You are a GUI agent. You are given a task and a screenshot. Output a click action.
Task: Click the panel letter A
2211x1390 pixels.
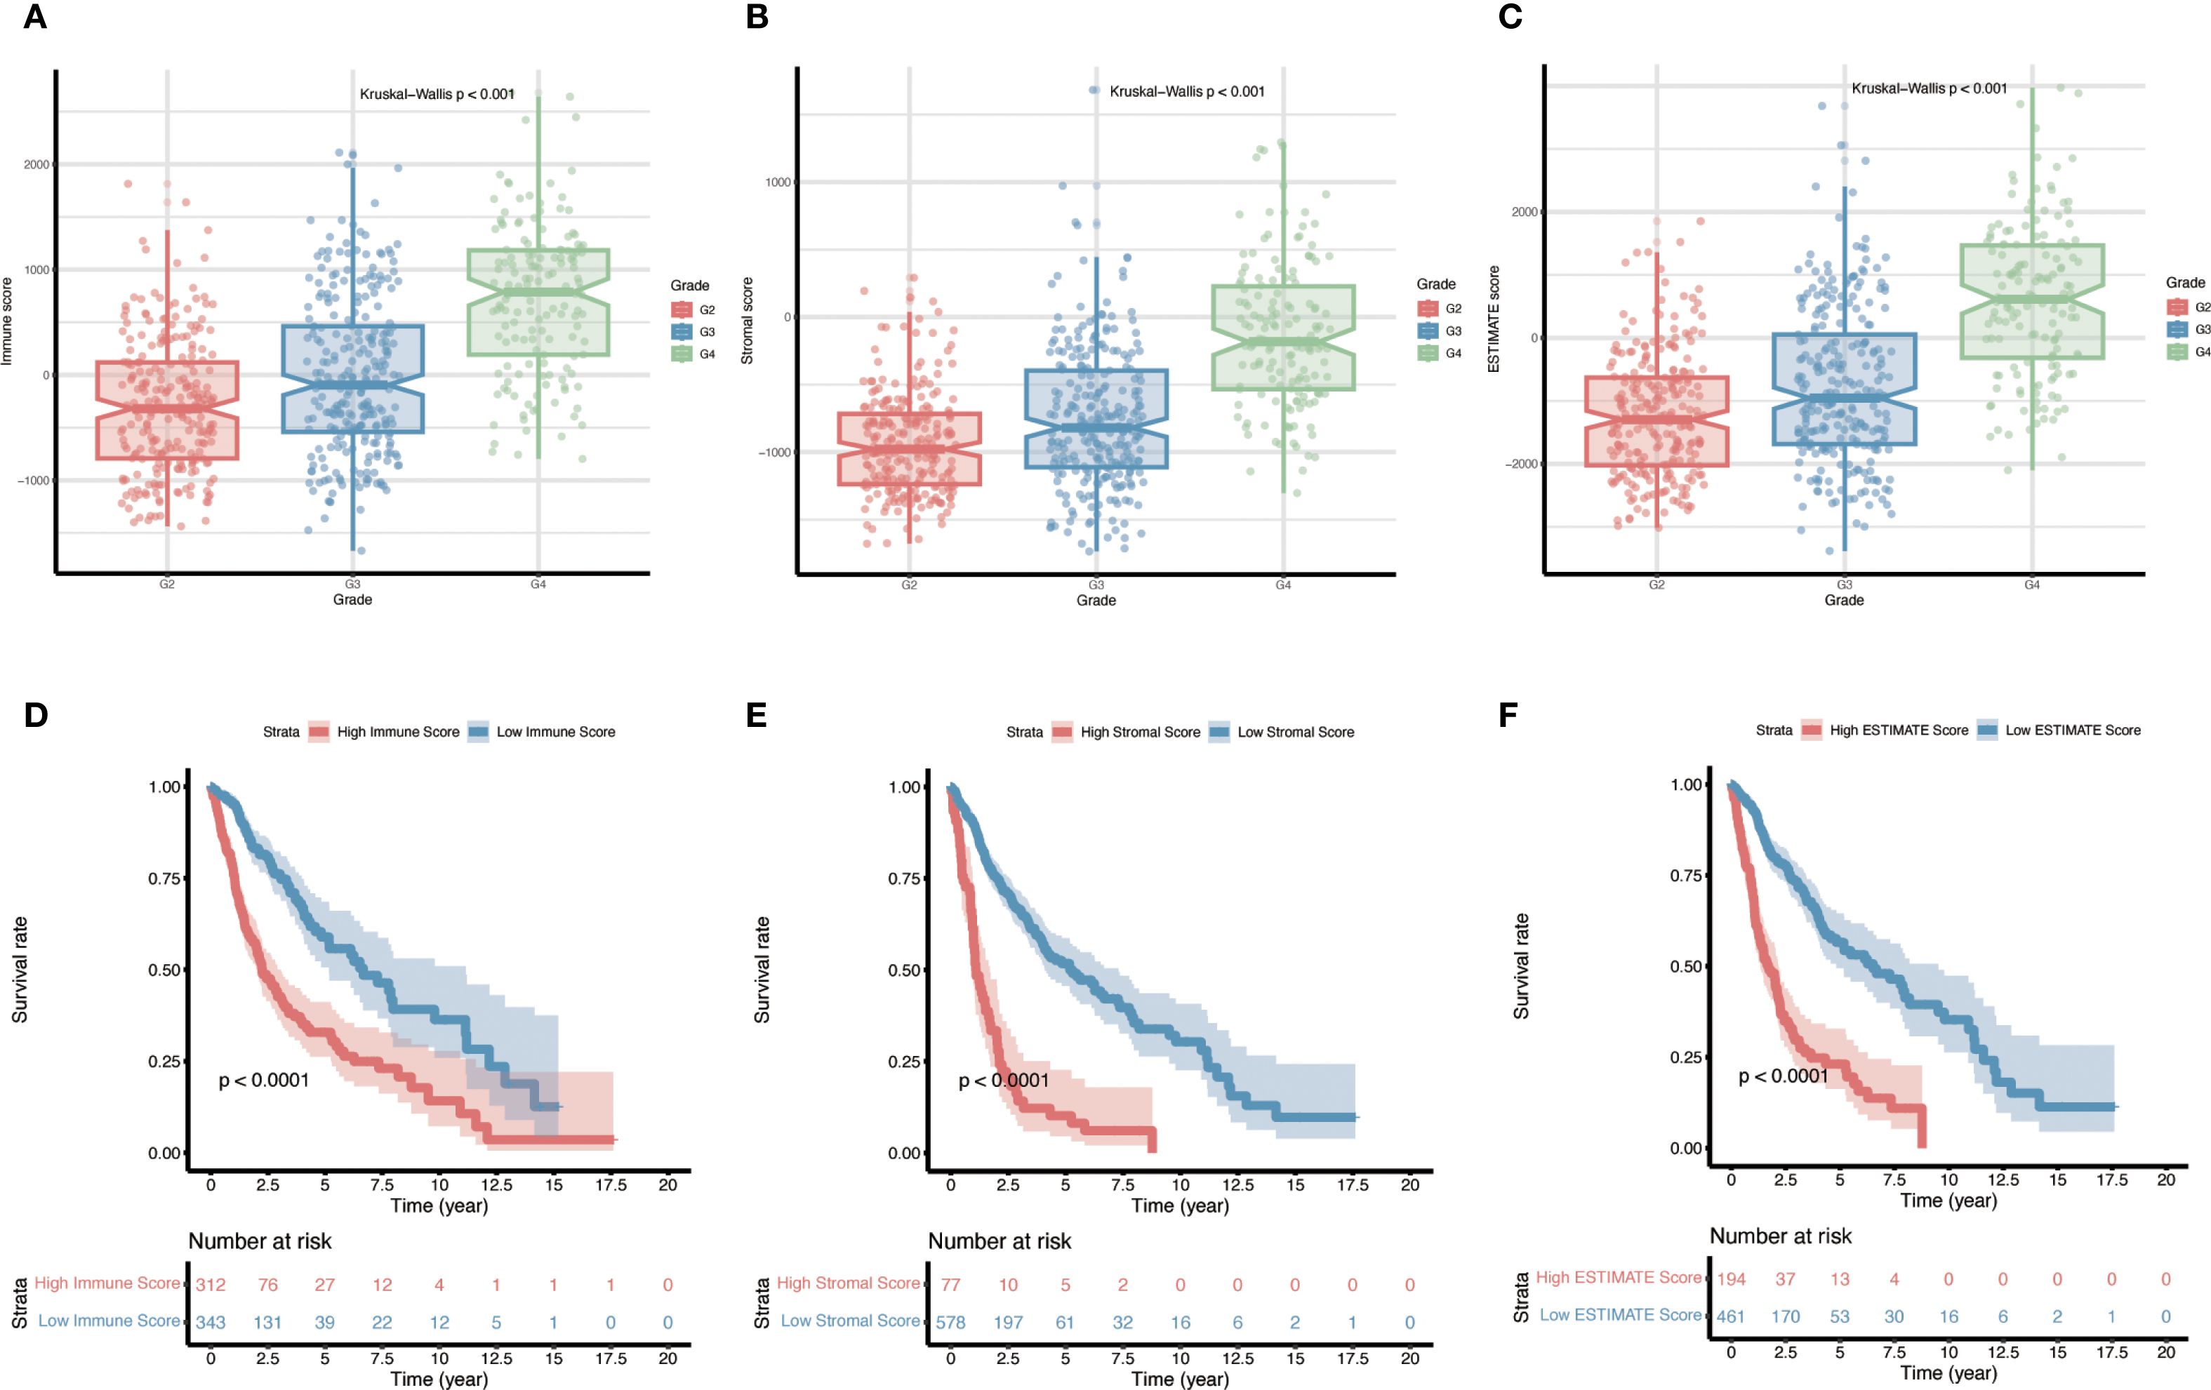coord(35,17)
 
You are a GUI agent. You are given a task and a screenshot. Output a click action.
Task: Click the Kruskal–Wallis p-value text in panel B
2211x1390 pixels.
coord(1186,92)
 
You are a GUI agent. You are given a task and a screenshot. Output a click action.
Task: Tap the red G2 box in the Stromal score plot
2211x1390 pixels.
coord(909,449)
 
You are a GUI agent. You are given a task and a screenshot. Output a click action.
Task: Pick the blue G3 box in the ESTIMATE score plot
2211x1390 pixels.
coord(1844,389)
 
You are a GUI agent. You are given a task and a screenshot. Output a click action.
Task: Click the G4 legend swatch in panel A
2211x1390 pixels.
coord(682,354)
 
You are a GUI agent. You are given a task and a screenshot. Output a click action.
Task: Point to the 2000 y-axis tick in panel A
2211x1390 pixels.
coord(36,164)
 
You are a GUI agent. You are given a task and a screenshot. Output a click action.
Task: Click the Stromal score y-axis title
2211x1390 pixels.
coord(748,321)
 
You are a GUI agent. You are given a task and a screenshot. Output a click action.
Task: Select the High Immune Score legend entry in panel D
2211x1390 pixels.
coord(397,732)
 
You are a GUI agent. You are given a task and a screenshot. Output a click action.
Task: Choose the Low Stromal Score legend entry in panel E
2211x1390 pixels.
coord(1294,732)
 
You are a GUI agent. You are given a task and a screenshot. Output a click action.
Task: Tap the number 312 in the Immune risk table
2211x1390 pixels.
coord(211,1285)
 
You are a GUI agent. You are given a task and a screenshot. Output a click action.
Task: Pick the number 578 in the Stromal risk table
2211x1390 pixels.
coord(950,1322)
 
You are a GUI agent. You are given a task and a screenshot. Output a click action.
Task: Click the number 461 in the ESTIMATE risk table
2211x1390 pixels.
coord(1731,1316)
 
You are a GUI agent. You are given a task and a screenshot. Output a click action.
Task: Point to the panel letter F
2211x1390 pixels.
coord(1507,715)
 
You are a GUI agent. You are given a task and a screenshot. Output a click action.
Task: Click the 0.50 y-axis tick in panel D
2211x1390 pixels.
coord(164,970)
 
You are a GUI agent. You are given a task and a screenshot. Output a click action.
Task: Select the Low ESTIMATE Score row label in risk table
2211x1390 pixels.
coord(1620,1315)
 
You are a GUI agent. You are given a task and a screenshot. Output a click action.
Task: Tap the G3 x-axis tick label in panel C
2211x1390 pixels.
coord(1844,584)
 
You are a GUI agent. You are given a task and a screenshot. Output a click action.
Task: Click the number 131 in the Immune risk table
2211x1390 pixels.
coord(267,1322)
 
